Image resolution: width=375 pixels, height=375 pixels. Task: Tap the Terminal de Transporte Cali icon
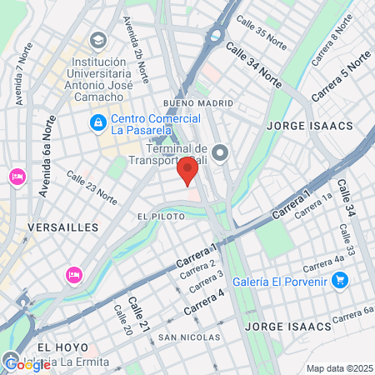tap(221, 152)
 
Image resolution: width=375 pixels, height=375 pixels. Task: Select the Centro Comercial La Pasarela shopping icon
tap(98, 123)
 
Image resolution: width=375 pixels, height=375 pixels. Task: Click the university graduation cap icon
tap(98, 41)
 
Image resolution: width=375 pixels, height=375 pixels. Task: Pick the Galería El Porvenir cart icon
tap(339, 281)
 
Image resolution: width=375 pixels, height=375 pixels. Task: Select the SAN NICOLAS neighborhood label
tap(190, 337)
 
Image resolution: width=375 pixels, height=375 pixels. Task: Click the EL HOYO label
tap(57, 346)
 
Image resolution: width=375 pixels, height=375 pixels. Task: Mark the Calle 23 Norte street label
tap(92, 188)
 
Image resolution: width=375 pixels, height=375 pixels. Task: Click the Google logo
tap(27, 364)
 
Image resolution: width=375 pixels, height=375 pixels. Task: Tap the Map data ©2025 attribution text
tap(340, 368)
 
